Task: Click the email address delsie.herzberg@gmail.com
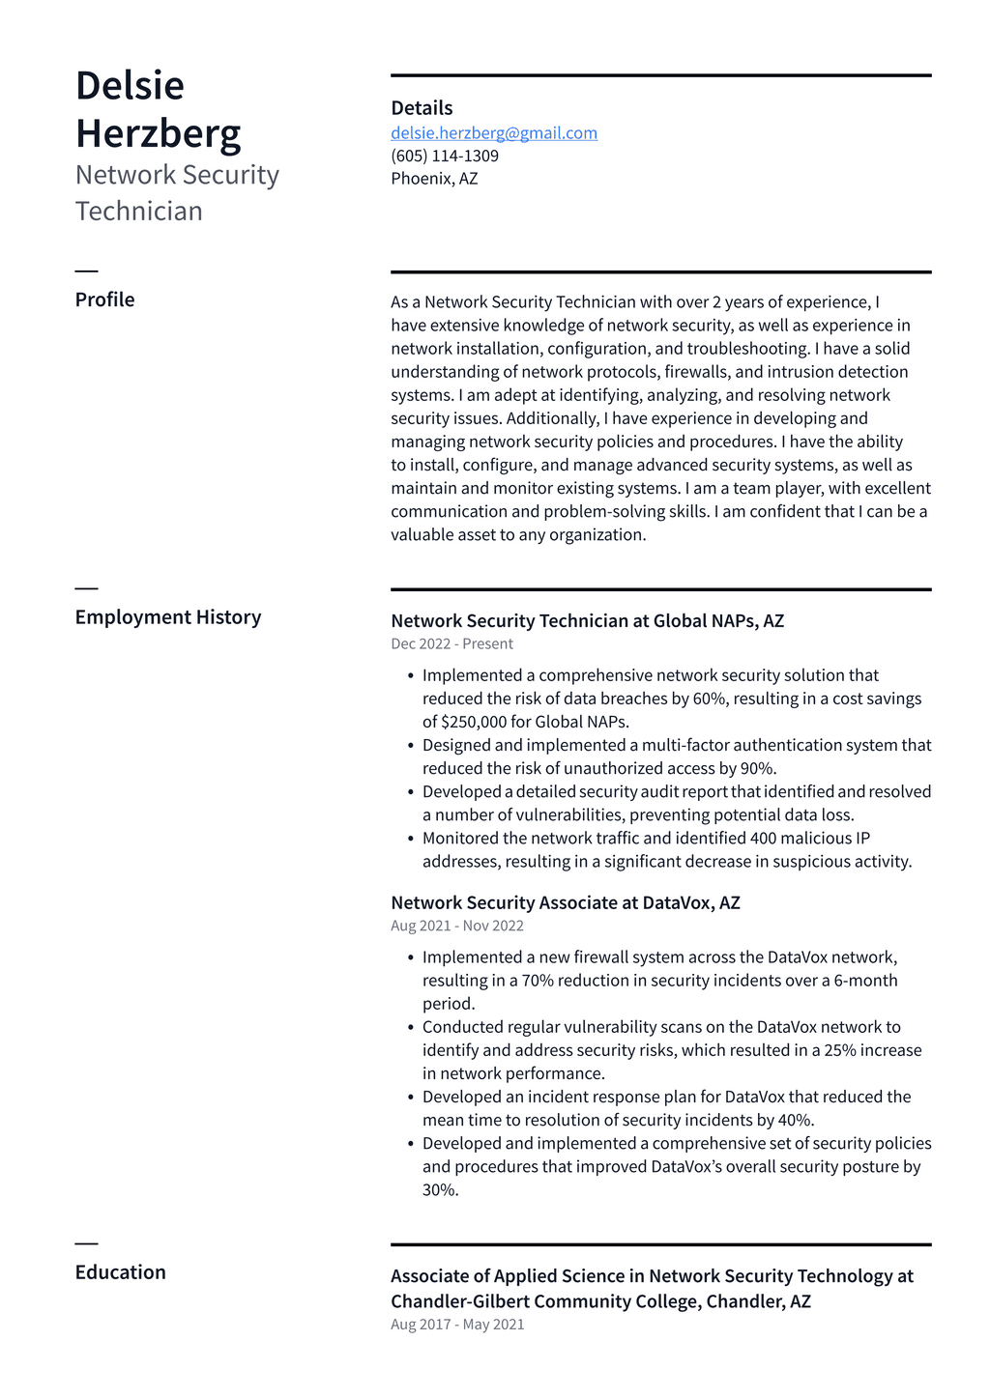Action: click(x=493, y=133)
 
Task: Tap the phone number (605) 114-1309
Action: click(x=445, y=156)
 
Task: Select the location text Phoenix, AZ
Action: click(x=434, y=179)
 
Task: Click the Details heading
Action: click(x=422, y=108)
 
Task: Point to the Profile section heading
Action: click(x=104, y=300)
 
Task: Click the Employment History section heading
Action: click(x=168, y=617)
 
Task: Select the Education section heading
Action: click(x=121, y=1272)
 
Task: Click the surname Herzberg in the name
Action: click(x=159, y=133)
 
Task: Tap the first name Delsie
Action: click(x=130, y=86)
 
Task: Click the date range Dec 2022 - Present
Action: click(x=451, y=644)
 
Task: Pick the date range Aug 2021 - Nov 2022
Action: click(x=457, y=926)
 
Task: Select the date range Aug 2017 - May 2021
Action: click(x=457, y=1325)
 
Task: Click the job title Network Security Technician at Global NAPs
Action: click(x=587, y=621)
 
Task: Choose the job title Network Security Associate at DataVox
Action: click(x=565, y=903)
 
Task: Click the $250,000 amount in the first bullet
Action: click(x=474, y=722)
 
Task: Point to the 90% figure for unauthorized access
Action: click(x=757, y=769)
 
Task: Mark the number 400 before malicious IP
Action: click(x=763, y=839)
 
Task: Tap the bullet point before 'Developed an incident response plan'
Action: click(x=411, y=1098)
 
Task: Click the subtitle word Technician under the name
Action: click(x=139, y=212)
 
